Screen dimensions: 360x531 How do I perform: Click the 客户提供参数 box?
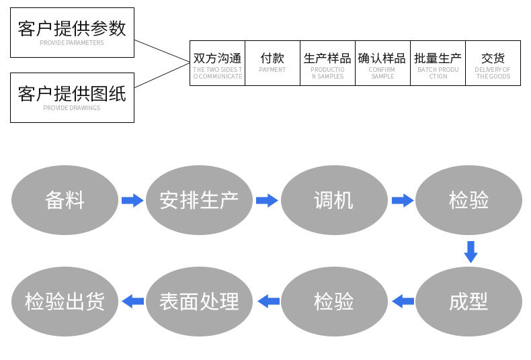pos(72,32)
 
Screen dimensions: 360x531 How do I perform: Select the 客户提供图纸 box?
pos(72,97)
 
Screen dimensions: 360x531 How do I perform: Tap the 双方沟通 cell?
pos(217,63)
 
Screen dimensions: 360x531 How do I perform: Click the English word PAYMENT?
pos(272,70)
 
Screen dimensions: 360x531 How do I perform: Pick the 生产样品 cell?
pos(327,63)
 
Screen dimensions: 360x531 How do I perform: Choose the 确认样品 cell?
pos(382,63)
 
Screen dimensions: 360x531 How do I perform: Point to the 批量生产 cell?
pos(438,63)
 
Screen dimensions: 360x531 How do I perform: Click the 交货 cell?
pos(493,63)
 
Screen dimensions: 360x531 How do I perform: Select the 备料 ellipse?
pos(65,200)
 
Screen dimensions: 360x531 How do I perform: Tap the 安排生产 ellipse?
pos(199,200)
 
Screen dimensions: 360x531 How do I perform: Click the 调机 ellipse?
pos(334,200)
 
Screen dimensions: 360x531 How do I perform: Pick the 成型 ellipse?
pos(468,302)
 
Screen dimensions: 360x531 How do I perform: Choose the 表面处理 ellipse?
pos(199,302)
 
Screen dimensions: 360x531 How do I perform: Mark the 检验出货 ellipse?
pos(65,302)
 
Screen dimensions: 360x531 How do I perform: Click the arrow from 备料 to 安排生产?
pos(132,200)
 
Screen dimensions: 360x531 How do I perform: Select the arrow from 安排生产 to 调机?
pos(267,200)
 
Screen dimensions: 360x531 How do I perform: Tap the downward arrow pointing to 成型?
pos(471,251)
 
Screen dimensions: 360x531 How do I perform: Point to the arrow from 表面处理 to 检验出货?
pos(132,302)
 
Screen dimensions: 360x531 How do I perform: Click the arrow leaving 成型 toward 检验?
pos(403,302)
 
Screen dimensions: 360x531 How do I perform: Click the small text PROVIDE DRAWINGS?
pos(71,108)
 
